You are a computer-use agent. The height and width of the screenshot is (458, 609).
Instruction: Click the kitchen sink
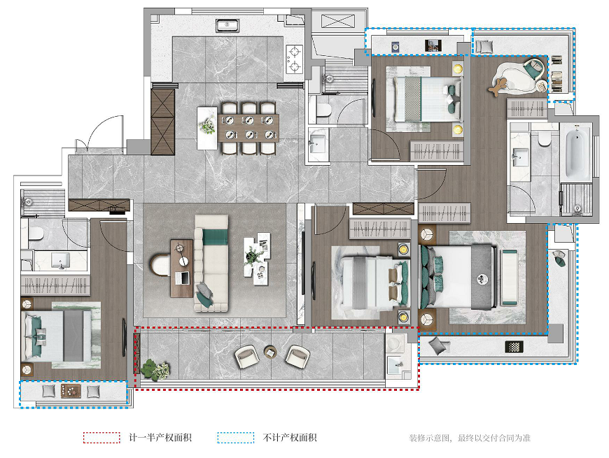tap(227, 26)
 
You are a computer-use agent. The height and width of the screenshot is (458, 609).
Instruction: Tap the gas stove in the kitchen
tap(294, 59)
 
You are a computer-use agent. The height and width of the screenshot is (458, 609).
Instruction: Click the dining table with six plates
tap(248, 128)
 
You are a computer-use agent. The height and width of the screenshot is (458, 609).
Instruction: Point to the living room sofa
tap(211, 263)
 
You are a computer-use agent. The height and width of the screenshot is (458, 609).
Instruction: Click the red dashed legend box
tap(101, 438)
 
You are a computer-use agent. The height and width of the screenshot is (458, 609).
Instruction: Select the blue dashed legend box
tap(236, 438)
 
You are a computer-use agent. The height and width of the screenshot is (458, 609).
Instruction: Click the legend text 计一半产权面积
tap(160, 438)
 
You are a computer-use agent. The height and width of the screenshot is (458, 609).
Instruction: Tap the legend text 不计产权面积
tap(290, 438)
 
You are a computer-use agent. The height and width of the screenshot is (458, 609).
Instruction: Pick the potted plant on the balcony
tap(155, 370)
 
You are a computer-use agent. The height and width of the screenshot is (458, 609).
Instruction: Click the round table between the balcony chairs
tap(271, 352)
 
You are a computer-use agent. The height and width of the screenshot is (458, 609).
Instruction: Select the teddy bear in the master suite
tap(498, 86)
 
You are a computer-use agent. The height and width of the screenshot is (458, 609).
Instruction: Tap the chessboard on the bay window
tap(514, 347)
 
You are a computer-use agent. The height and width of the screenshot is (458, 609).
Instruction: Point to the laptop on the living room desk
tap(183, 278)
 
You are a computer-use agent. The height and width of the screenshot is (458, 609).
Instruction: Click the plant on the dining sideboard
tap(207, 126)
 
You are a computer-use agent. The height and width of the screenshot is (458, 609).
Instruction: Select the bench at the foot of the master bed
tap(509, 278)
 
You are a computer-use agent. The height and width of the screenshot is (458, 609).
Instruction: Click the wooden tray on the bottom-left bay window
tap(71, 391)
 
